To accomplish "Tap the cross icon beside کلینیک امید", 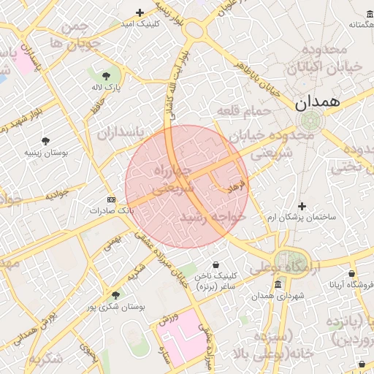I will tap(140, 12).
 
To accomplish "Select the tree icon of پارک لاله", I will tap(107, 75).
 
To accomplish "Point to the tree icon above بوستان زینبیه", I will tap(46, 140).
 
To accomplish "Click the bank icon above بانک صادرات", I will tap(111, 199).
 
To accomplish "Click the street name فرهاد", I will tap(238, 188).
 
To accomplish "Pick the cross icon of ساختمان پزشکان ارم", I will tap(302, 206).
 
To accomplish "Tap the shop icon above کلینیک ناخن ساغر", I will tap(215, 264).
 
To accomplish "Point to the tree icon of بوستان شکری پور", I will tap(115, 294).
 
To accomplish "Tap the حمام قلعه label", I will tap(243, 111).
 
